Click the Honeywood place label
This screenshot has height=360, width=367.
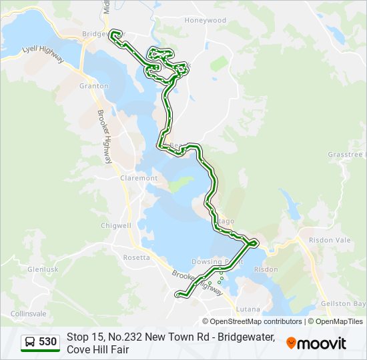click(x=206, y=20)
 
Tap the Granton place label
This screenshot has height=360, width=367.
click(x=93, y=86)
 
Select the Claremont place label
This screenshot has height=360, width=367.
click(x=139, y=178)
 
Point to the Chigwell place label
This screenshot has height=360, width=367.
click(x=115, y=225)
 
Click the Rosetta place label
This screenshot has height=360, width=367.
click(x=136, y=257)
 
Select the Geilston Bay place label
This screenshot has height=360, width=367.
click(x=342, y=303)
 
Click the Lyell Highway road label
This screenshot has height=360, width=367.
click(x=42, y=54)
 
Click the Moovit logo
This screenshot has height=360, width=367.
click(x=316, y=343)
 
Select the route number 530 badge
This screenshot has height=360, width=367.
click(x=47, y=342)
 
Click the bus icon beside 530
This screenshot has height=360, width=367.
click(x=30, y=342)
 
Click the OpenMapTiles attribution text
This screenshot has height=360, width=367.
click(x=340, y=321)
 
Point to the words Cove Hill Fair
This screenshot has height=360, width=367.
click(x=97, y=349)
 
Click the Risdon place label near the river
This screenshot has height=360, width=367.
click(x=266, y=269)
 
